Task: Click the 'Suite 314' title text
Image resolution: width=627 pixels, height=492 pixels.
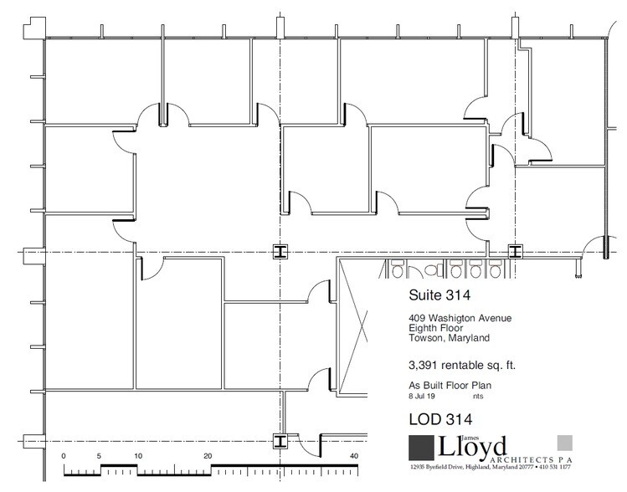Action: tap(439, 295)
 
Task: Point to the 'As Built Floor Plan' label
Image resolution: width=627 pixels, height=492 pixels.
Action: tap(450, 386)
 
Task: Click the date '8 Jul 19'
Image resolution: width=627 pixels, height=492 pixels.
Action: tap(421, 397)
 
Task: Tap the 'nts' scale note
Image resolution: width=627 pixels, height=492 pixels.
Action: tap(478, 397)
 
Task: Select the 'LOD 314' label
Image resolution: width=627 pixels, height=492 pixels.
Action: tap(440, 419)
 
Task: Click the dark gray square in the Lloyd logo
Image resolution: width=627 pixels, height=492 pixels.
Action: tap(421, 448)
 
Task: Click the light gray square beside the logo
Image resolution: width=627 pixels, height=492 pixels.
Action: tap(564, 443)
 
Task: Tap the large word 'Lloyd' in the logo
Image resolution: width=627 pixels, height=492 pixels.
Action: tap(472, 448)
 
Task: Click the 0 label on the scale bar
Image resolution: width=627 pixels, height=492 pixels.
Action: tap(64, 456)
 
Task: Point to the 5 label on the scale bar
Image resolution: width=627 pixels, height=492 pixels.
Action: tap(99, 456)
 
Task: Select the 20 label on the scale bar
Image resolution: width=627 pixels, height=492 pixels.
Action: tap(208, 456)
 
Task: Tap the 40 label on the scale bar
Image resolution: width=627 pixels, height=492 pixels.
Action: tap(354, 456)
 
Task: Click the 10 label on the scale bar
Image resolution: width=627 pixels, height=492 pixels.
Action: tap(138, 456)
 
